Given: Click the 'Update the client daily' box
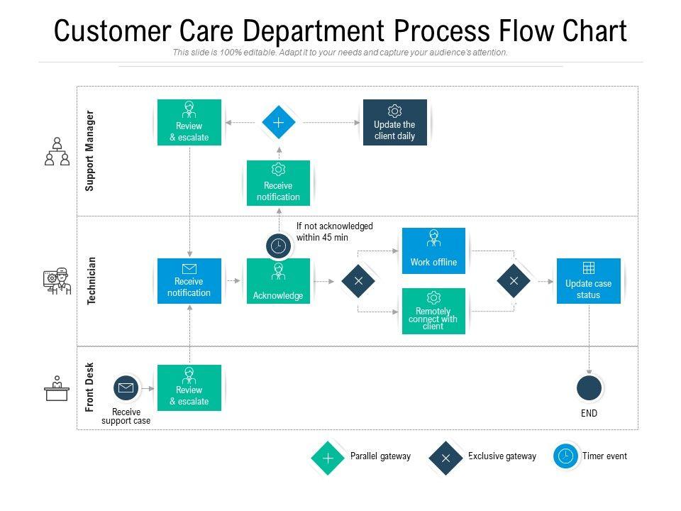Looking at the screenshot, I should (x=394, y=122).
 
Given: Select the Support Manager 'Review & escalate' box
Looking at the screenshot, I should (x=189, y=122).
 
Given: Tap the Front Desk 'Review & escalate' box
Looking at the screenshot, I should (x=189, y=388).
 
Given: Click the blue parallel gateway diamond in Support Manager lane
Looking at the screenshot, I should (x=279, y=123).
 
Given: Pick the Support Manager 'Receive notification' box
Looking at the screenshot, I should (x=278, y=183).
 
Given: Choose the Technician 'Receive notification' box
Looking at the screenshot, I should (x=189, y=281).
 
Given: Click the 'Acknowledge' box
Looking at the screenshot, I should (x=278, y=281).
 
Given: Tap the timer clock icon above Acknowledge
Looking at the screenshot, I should (x=279, y=246).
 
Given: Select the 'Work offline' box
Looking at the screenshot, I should (x=433, y=251).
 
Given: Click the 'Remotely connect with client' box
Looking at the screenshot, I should (x=433, y=311).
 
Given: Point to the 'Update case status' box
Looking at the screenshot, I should (x=588, y=281).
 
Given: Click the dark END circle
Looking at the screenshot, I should (x=589, y=388).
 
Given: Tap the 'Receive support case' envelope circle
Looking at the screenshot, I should (x=126, y=388).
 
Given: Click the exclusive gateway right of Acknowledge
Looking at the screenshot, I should (x=358, y=281).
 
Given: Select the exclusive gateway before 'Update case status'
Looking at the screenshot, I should (x=514, y=281).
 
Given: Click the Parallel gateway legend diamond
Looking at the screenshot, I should (x=328, y=458).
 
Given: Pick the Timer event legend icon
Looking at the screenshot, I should (x=566, y=456).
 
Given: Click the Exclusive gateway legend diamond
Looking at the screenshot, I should (x=445, y=458).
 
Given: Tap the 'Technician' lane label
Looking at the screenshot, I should (x=91, y=281).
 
